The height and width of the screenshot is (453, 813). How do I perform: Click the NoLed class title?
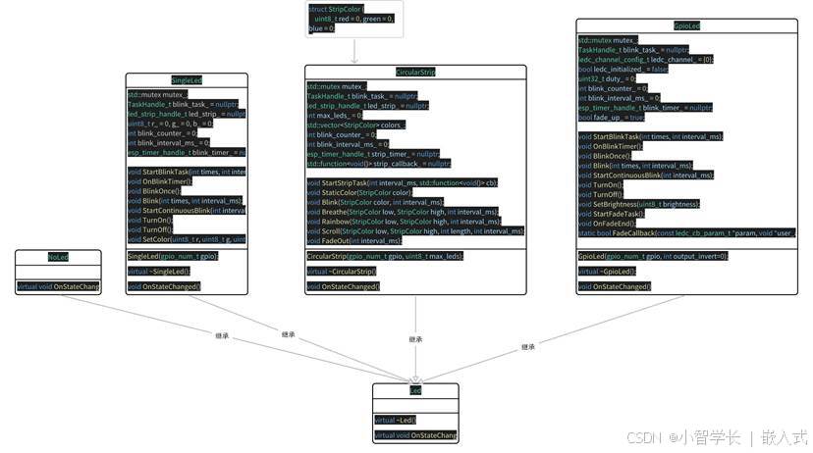pos(58,257)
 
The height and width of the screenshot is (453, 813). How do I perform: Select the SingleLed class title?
pos(186,79)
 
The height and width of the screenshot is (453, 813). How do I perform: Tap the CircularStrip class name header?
pos(415,72)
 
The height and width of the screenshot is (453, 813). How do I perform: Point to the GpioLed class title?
pos(687,25)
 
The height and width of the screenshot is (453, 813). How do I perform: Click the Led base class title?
pos(415,390)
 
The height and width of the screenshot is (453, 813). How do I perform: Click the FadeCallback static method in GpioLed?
pos(686,233)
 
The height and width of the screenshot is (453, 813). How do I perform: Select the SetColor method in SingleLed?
pos(187,238)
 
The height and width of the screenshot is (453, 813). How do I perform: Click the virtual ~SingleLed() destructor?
pos(159,271)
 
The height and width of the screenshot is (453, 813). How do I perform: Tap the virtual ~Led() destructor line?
pos(395,420)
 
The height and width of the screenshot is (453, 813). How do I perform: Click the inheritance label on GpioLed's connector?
pos(527,347)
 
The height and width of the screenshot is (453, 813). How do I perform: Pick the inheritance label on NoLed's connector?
pos(224,335)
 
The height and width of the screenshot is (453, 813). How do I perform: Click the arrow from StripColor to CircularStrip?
pos(353,51)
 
